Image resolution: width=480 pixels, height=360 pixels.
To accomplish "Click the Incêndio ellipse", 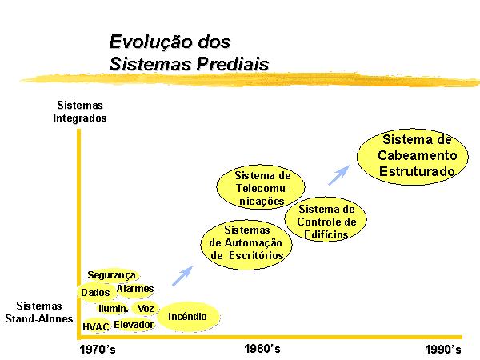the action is (188, 317).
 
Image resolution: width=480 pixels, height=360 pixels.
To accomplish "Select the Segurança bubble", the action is (112, 275).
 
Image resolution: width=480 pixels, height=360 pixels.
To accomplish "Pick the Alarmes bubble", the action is (135, 289).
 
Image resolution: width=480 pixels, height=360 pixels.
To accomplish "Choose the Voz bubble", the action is (146, 308).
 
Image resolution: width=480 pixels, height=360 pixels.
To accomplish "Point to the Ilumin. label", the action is (113, 308).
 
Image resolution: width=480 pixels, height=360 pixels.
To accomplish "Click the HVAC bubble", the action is (96, 326).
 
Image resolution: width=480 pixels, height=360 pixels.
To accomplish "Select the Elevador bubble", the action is (134, 325).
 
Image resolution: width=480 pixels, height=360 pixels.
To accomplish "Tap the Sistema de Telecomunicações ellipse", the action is (261, 187).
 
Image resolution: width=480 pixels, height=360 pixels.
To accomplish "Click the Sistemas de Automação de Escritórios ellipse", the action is (246, 245).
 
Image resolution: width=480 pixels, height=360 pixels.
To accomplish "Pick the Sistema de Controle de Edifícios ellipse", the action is (326, 219).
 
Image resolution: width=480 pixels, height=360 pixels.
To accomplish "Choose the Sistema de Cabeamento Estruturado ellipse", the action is (413, 157).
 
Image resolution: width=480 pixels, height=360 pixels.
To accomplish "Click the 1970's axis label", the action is (98, 350).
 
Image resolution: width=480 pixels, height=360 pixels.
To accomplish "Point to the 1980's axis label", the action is (262, 348).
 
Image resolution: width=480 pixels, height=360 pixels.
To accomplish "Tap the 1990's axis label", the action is (443, 350).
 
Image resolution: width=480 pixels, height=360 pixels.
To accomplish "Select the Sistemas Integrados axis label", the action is (79, 111).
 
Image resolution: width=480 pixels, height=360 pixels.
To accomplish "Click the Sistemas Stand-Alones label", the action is (39, 312).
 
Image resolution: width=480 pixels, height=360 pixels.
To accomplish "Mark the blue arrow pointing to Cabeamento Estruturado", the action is (338, 175).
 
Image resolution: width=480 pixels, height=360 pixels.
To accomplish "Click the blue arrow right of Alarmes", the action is (182, 276).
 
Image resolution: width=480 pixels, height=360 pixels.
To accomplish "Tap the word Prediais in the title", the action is (232, 64).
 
